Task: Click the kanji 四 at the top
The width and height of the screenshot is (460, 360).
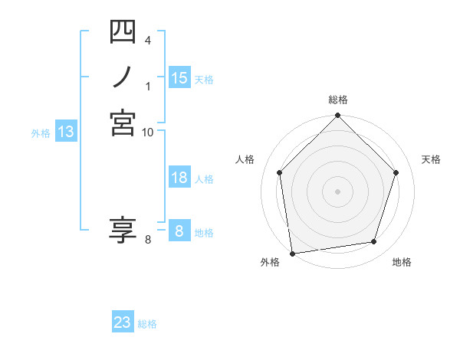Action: tap(123, 31)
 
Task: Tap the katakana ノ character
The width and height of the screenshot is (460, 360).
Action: tap(123, 77)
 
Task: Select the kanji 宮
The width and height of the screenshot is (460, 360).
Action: tap(123, 123)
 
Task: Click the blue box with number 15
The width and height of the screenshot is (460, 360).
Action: tap(179, 78)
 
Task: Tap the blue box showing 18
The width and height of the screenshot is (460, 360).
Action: tap(179, 178)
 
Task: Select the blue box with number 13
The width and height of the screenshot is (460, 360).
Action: tap(66, 132)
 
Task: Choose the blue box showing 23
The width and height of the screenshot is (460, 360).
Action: tap(123, 322)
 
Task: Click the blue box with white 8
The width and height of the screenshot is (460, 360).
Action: tap(179, 231)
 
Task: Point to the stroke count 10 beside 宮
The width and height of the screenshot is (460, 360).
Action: tap(147, 132)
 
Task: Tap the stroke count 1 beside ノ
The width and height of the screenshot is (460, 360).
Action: tap(148, 86)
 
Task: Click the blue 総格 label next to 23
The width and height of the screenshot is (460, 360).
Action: tap(147, 324)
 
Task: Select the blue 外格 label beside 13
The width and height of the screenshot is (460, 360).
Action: tap(41, 133)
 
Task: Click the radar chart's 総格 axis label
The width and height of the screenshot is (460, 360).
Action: tap(338, 100)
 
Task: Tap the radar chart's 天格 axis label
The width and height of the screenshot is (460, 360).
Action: tap(431, 159)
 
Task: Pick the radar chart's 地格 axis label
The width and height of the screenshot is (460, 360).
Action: tap(402, 262)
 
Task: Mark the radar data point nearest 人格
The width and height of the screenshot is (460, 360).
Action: tap(280, 172)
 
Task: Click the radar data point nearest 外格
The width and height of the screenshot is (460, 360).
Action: tap(292, 253)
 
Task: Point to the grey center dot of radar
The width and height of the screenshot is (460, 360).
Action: tap(338, 191)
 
